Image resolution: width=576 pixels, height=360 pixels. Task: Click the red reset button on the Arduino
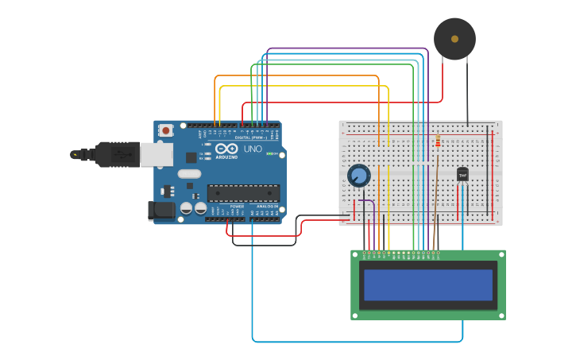pyautogui.click(x=165, y=130)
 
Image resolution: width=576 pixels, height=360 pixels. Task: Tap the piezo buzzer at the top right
pyautogui.click(x=454, y=39)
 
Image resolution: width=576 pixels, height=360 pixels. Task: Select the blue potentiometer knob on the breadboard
pyautogui.click(x=359, y=175)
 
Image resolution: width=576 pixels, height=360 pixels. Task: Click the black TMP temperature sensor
pyautogui.click(x=462, y=174)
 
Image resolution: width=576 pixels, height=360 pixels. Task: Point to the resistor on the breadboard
pyautogui.click(x=438, y=142)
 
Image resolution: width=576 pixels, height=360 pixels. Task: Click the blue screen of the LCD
pyautogui.click(x=428, y=285)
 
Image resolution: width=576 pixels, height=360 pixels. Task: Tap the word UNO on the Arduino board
pyautogui.click(x=253, y=149)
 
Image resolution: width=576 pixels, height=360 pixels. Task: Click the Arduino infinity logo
pyautogui.click(x=226, y=149)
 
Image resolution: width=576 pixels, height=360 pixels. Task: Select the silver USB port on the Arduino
pyautogui.click(x=157, y=154)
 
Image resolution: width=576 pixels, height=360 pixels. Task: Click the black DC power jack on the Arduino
pyautogui.click(x=160, y=211)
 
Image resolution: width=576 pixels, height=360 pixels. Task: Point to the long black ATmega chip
pyautogui.click(x=243, y=192)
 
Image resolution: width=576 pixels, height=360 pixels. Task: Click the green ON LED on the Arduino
pyautogui.click(x=269, y=153)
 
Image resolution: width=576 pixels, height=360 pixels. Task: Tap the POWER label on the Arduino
pyautogui.click(x=237, y=206)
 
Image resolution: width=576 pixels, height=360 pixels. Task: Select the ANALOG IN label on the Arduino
pyautogui.click(x=267, y=206)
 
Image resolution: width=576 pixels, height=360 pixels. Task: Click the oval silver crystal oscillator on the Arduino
pyautogui.click(x=189, y=173)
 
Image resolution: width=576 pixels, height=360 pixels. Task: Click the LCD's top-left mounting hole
pyautogui.click(x=356, y=255)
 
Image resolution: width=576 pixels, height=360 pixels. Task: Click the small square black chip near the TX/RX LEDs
pyautogui.click(x=191, y=157)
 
